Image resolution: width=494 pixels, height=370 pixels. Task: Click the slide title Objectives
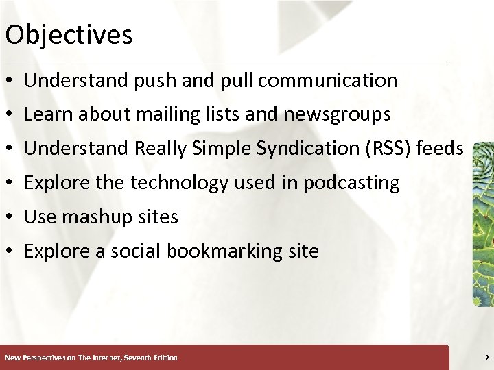pyautogui.click(x=69, y=35)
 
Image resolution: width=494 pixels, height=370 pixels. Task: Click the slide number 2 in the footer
pyautogui.click(x=486, y=358)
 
